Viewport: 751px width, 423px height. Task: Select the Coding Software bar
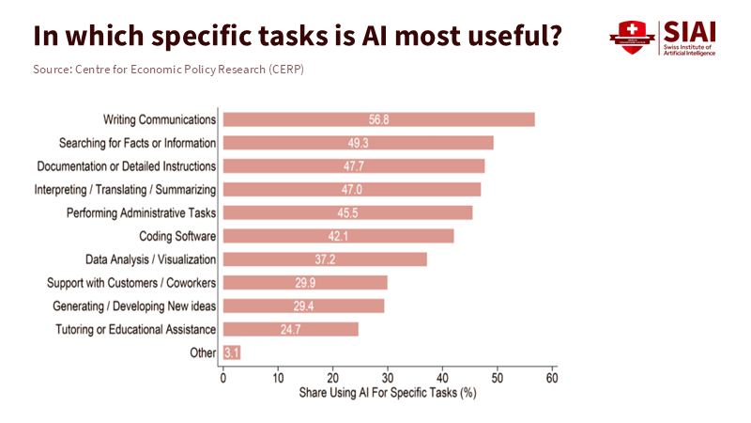click(x=338, y=236)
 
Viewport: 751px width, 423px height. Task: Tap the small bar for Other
click(x=232, y=352)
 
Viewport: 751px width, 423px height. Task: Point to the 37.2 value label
click(x=326, y=259)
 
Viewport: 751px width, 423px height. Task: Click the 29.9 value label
click(x=305, y=283)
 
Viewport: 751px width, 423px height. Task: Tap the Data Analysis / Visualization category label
click(x=151, y=259)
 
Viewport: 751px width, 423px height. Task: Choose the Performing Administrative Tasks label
click(x=142, y=212)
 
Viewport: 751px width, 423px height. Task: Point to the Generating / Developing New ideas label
click(x=134, y=306)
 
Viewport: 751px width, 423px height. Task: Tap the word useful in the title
click(x=510, y=36)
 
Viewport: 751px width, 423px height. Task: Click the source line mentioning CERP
click(x=168, y=70)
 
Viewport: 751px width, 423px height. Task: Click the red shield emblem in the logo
click(x=631, y=39)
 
